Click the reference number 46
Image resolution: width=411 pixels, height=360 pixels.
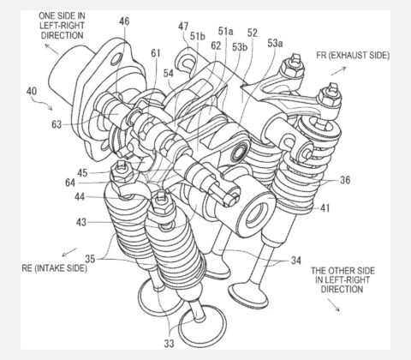[124, 21]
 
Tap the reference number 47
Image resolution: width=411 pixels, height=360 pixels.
[183, 27]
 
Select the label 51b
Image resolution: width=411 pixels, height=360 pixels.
[198, 36]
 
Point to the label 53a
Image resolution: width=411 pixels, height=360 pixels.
[275, 43]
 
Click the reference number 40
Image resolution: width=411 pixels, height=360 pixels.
[32, 91]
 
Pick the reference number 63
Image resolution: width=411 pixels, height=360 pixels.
[57, 124]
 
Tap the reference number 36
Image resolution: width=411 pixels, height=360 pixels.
[345, 180]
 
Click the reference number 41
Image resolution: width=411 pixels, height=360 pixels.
[325, 208]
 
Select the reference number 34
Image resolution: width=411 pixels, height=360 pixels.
[296, 261]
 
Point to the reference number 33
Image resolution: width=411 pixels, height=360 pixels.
[169, 343]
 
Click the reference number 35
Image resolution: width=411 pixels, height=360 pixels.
[90, 259]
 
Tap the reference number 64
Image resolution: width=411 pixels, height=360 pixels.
[70, 183]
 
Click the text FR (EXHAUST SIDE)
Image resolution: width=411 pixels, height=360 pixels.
[353, 56]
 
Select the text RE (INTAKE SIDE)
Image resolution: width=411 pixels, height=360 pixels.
[55, 268]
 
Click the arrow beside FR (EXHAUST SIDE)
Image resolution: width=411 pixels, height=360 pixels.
[339, 71]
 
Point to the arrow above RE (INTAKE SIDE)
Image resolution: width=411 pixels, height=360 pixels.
[69, 252]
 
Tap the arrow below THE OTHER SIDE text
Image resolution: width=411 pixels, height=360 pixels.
[333, 305]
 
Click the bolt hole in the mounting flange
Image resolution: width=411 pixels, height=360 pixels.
[116, 60]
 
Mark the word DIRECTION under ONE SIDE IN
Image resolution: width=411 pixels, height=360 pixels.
[63, 35]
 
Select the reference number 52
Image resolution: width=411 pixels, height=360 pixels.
[253, 33]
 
